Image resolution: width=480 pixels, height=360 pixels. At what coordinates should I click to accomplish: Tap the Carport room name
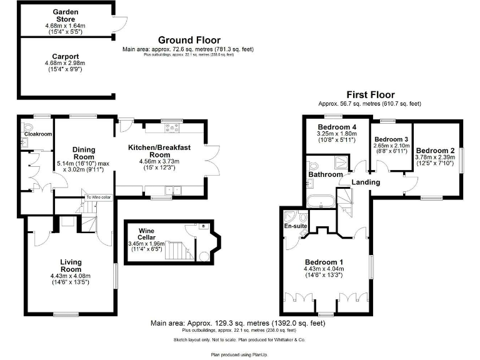coord(64,56)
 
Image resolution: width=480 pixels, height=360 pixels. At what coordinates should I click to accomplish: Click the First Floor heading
coord(369,95)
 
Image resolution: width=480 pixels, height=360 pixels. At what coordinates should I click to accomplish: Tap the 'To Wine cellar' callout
coord(99,197)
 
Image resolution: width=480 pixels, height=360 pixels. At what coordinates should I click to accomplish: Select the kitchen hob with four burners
coord(170,129)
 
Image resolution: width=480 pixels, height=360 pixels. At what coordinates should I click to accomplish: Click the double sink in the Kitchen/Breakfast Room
coord(171,189)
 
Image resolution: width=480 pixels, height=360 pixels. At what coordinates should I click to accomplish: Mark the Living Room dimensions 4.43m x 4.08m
coord(71,276)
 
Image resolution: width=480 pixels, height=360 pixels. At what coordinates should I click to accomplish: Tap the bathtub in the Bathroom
coord(321,201)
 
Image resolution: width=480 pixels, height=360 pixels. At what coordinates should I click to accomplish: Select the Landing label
coord(366,182)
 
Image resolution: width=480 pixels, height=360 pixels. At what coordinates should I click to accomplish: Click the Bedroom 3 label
coord(391,139)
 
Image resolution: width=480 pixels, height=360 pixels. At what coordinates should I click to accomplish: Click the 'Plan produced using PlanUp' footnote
coord(240,354)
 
